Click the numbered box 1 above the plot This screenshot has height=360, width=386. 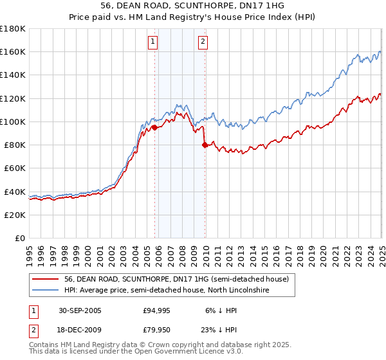[153, 42]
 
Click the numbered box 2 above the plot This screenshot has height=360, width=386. [203, 42]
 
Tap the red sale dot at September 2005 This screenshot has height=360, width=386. [155, 127]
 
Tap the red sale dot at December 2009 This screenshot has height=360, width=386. [205, 145]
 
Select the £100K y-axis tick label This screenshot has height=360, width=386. [13, 122]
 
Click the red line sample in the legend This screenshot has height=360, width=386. [46, 279]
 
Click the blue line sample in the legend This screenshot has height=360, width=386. [46, 291]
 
